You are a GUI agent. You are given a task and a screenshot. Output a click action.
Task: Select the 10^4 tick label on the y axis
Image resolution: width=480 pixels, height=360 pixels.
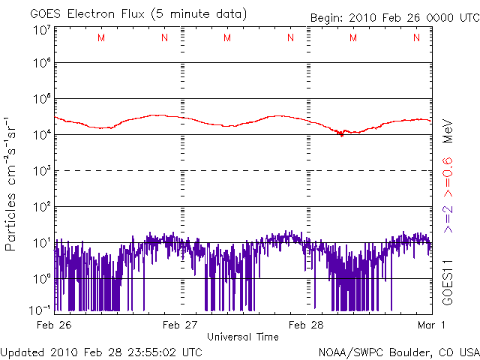click(41, 134)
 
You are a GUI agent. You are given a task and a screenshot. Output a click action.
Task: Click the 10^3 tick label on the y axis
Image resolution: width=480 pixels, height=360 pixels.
click(41, 170)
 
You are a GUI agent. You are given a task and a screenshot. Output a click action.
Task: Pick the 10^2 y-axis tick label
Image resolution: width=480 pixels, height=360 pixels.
click(41, 206)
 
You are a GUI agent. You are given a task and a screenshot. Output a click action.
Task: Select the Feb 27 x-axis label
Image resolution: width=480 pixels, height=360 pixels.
click(181, 325)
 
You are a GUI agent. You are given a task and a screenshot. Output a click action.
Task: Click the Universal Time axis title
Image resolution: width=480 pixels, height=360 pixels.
click(243, 337)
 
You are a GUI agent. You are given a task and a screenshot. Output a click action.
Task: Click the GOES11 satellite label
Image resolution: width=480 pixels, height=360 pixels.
click(448, 281)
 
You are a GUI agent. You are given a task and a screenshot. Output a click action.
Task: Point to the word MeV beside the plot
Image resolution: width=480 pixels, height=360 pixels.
click(448, 130)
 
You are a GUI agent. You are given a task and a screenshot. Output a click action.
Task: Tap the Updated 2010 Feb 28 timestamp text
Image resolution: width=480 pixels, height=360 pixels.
click(101, 351)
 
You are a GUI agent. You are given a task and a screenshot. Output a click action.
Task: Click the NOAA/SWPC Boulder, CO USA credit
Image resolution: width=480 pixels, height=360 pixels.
click(398, 351)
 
